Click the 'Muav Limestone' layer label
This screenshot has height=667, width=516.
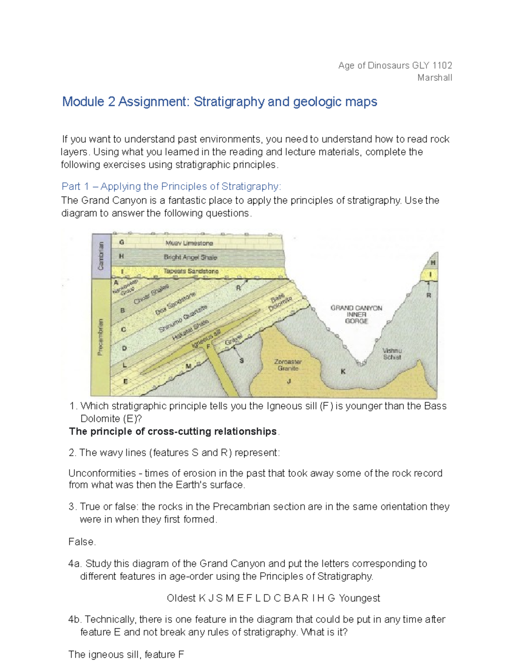(x=189, y=243)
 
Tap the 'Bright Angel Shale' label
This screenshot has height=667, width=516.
(x=190, y=257)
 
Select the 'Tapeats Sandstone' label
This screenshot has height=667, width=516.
(x=191, y=271)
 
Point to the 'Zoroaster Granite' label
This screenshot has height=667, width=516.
(x=288, y=365)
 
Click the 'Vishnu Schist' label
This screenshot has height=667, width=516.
(x=392, y=354)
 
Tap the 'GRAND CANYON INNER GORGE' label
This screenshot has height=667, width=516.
(x=356, y=314)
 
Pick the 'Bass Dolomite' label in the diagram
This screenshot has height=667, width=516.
(x=281, y=303)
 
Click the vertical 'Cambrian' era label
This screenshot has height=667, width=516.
(x=101, y=256)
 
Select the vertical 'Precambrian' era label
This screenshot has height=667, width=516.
(x=100, y=337)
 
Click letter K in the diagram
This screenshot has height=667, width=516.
(x=343, y=372)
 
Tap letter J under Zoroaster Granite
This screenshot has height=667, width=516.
(x=289, y=381)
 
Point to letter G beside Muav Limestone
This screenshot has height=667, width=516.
(x=122, y=242)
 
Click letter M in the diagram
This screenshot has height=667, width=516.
(x=188, y=366)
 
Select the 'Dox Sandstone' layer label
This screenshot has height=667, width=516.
(x=175, y=303)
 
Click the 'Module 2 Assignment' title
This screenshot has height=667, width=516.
(x=219, y=102)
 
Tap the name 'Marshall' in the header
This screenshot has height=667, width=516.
(x=434, y=78)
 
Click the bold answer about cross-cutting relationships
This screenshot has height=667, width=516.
(x=173, y=431)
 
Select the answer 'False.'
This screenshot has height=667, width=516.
(x=82, y=542)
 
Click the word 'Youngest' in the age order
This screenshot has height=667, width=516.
(x=359, y=598)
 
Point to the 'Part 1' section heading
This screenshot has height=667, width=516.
(x=171, y=186)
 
